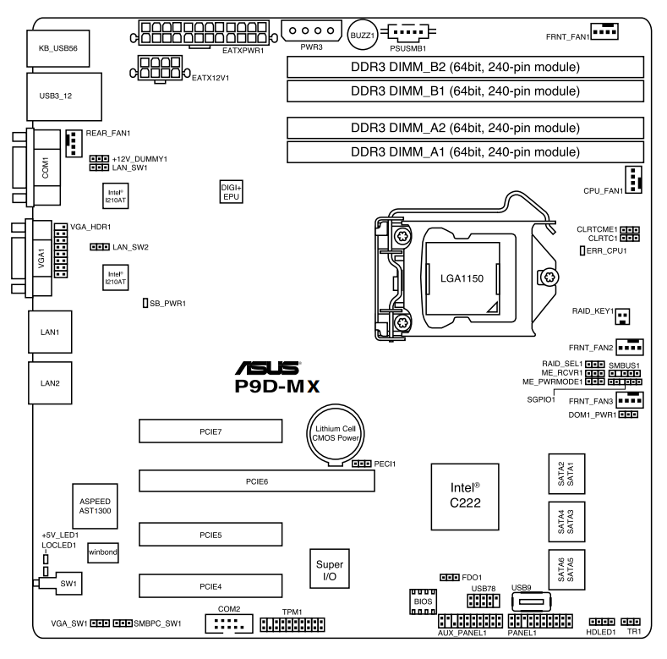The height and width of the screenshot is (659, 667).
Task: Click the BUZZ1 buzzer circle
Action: coord(363,35)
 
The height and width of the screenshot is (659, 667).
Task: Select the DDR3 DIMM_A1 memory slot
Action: coord(465,152)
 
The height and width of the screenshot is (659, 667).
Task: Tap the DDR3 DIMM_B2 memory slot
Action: coord(465,67)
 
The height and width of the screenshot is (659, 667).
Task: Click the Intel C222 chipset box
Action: coord(465,497)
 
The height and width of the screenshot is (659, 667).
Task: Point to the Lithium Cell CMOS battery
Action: coord(336,434)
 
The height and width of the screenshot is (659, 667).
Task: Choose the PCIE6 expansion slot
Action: coord(257,481)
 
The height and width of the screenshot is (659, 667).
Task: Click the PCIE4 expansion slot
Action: coord(210,586)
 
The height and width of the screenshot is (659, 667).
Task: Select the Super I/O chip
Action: coord(330,569)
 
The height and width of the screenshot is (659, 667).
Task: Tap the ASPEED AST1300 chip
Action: coord(95,506)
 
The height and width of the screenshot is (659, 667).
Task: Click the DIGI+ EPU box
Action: coord(232,192)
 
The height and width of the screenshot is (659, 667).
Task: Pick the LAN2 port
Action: coord(50,383)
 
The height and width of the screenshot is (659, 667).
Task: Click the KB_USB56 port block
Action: coord(58,48)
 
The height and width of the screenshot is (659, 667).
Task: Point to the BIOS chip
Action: coord(423,601)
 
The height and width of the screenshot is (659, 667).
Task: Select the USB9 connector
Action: coord(531,602)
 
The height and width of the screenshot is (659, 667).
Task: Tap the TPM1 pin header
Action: coord(292,625)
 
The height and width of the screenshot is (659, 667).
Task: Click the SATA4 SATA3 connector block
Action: coord(566,521)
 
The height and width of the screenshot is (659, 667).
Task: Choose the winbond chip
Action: coord(103,552)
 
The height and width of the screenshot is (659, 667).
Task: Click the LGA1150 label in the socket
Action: coord(462,278)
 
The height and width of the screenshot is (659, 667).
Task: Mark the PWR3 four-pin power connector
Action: coord(311,30)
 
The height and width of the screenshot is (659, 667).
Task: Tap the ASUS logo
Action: coord(268,368)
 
